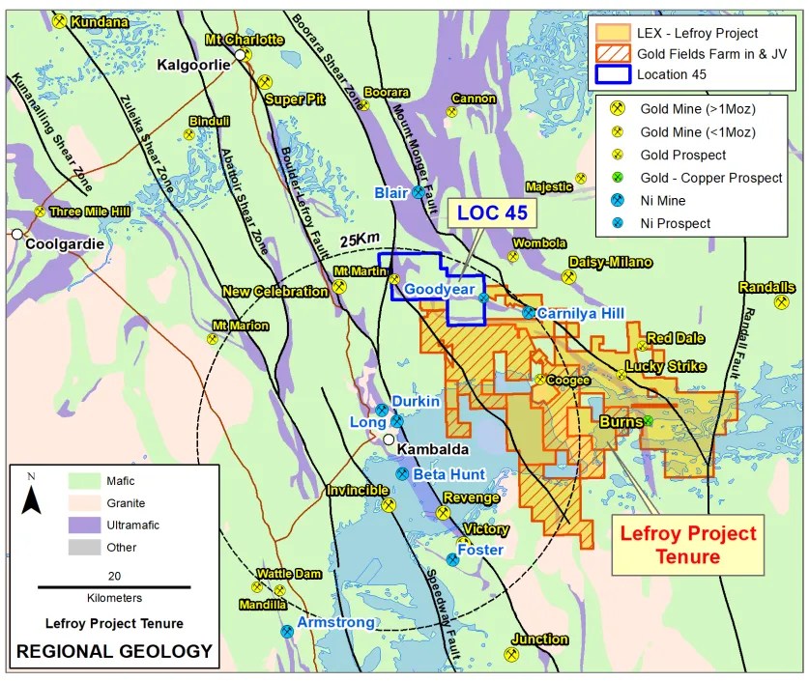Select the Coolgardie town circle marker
pos(16,234)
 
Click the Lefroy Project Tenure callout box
pos(687,545)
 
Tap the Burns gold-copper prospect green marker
pos(649,421)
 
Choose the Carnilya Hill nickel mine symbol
pos(529,312)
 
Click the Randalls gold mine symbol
pos(781,302)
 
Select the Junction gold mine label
pos(539,639)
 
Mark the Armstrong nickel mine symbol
pos(287,631)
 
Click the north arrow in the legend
pos(31,497)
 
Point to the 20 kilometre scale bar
pos(114,586)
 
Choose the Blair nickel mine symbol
pos(419,192)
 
